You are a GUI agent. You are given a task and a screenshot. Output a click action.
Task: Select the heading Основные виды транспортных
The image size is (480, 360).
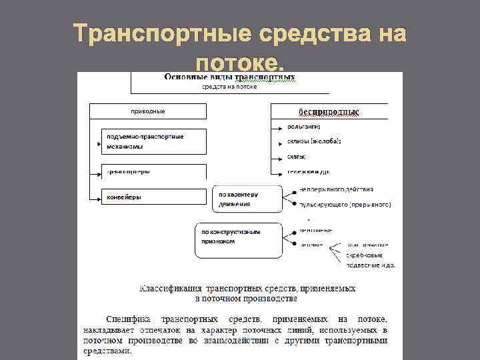(x=230, y=77)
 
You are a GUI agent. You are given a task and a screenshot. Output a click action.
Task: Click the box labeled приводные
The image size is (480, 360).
(x=147, y=111)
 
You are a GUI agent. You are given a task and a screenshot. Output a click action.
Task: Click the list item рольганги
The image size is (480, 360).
(x=304, y=127)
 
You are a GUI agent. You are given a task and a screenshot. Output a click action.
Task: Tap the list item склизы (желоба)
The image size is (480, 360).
(x=314, y=141)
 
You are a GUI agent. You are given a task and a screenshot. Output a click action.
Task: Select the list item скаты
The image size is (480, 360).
(x=297, y=157)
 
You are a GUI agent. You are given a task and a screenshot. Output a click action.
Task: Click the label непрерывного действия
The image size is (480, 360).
(x=341, y=190)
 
